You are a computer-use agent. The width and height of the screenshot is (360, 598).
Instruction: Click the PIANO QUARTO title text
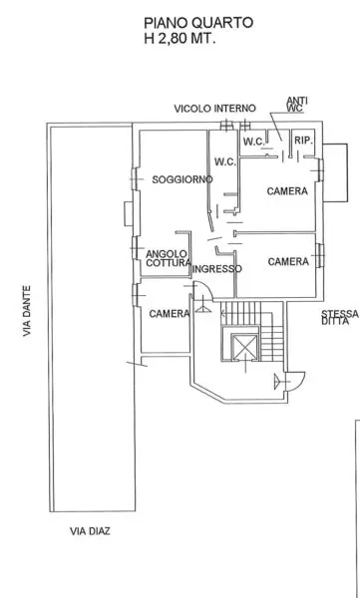[x=198, y=23]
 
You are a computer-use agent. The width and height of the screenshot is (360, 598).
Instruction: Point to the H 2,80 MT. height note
[x=180, y=38]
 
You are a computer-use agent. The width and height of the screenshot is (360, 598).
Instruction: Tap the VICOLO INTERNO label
[x=215, y=109]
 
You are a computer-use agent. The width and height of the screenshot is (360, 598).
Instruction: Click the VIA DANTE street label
[x=26, y=311]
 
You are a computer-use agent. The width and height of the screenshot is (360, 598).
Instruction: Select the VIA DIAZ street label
[x=90, y=531]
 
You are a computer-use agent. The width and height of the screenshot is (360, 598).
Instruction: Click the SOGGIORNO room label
[x=182, y=179]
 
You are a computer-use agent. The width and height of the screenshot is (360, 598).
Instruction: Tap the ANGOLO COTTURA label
[x=169, y=258]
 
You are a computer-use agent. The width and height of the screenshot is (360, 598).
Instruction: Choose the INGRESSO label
[x=216, y=269]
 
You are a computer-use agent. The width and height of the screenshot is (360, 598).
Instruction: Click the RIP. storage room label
[x=303, y=141]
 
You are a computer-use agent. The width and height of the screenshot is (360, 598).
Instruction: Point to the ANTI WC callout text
[x=297, y=105]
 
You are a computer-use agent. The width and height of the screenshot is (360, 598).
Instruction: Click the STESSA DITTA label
[x=340, y=317]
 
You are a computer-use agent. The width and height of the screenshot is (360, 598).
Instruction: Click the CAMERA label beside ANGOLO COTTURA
[x=170, y=314]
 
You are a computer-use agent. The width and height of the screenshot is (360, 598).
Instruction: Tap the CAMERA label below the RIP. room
[x=287, y=191]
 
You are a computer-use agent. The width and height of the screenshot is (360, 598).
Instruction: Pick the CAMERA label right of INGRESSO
[x=288, y=261]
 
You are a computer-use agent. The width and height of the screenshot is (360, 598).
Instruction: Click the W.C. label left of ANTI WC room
[x=254, y=142]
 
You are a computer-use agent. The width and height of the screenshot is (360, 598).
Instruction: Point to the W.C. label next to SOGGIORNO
[x=225, y=162]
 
